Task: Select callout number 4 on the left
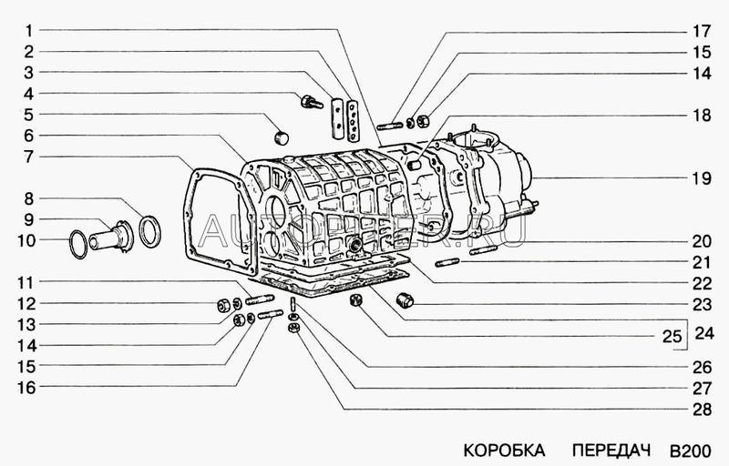(x=29, y=93)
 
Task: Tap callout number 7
(x=29, y=156)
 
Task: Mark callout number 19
(x=700, y=178)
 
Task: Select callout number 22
(x=700, y=282)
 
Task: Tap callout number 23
(x=700, y=303)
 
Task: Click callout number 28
(x=700, y=409)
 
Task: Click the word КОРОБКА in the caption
(x=504, y=450)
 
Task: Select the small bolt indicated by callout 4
(x=312, y=101)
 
